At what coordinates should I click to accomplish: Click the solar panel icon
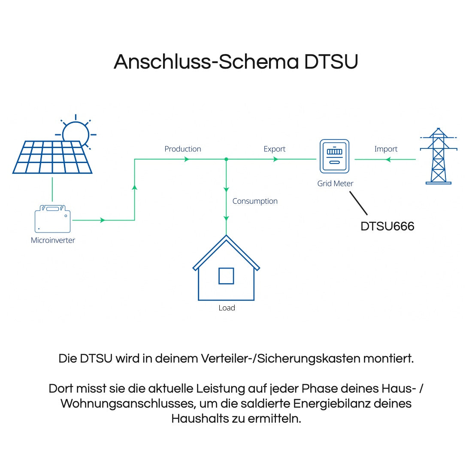pos(52,157)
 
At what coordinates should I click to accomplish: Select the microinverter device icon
pos(53,219)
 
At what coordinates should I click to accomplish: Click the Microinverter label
pos(53,240)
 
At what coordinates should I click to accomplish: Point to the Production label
pos(183,149)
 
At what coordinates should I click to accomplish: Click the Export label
pos(275,149)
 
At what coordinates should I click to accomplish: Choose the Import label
pos(386,149)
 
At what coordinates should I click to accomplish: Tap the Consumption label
pos(255,201)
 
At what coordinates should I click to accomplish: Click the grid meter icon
pos(335,156)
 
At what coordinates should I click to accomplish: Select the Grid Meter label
pos(335,184)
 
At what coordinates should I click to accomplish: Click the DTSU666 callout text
pos(387,227)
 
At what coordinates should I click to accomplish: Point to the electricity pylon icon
pos(439,156)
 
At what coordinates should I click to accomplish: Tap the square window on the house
pos(226,276)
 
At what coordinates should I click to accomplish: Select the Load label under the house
pos(227,308)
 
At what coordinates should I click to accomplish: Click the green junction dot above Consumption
pos(226,159)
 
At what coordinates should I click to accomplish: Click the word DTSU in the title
pos(331,62)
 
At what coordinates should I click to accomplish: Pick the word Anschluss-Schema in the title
pos(206,62)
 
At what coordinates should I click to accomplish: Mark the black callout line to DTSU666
pos(359,203)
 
